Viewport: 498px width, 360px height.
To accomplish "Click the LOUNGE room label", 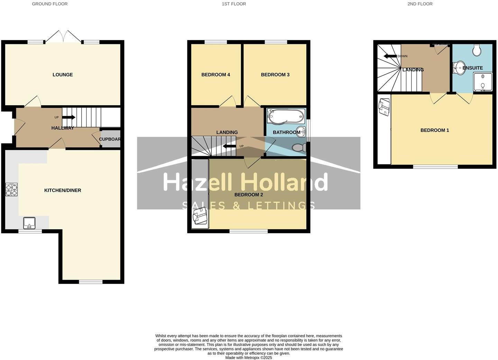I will click(x=63, y=75).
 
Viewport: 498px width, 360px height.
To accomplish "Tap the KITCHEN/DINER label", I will click(x=63, y=190).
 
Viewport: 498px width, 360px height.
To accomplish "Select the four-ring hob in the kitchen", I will click(x=11, y=190).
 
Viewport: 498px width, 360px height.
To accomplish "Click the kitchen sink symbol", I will click(x=29, y=223).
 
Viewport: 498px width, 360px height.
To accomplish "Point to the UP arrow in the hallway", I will click(x=68, y=117).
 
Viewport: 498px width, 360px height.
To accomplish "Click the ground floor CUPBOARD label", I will click(x=110, y=139).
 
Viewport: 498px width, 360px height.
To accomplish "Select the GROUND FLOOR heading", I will click(x=50, y=4).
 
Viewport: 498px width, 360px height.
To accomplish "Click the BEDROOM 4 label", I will click(x=216, y=75).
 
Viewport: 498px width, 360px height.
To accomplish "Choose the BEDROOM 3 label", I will click(x=275, y=75).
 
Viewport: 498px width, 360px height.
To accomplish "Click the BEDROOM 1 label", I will click(x=435, y=130).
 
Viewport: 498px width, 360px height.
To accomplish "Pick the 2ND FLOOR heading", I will click(x=420, y=4).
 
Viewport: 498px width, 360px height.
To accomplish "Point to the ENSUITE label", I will click(x=473, y=68).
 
